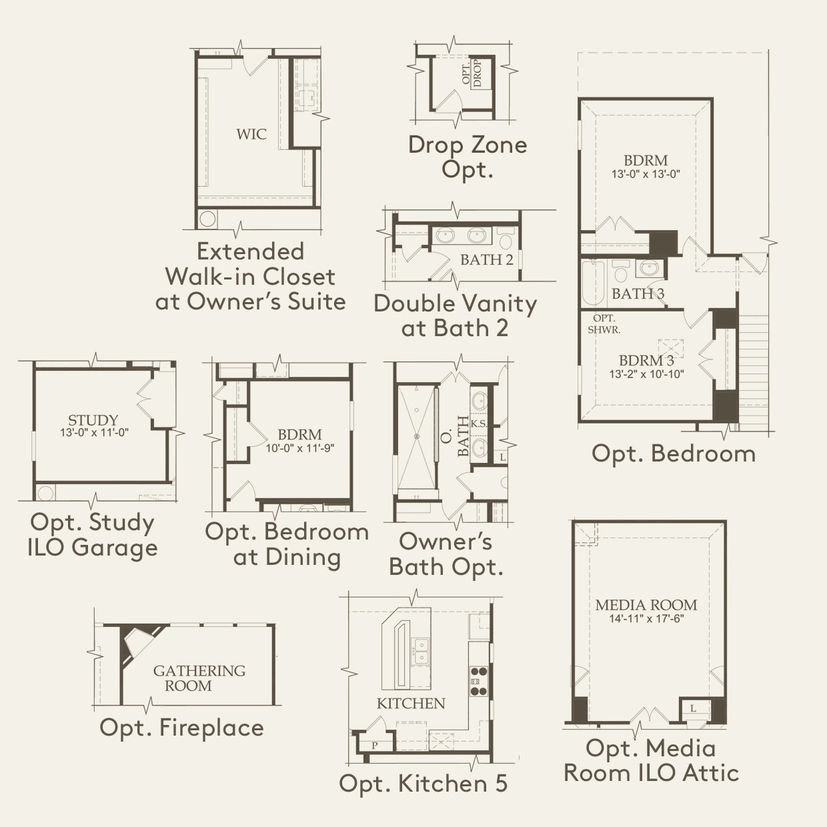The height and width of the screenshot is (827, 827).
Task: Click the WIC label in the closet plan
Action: pos(251,134)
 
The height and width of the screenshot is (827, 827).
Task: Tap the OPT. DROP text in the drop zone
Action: pos(472,73)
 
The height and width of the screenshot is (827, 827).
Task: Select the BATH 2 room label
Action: pos(487,259)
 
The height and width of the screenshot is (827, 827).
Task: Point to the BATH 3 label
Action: pos(638,293)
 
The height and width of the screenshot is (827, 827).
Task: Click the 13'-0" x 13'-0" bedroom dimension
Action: pos(646,175)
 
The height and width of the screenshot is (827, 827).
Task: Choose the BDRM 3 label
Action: pos(646,361)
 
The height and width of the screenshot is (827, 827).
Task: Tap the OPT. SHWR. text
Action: pos(604,324)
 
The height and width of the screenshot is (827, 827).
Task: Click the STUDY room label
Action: pos(93,420)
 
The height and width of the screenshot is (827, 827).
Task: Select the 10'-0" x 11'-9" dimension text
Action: pos(300,448)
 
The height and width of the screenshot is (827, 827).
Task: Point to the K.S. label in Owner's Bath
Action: pos(479,424)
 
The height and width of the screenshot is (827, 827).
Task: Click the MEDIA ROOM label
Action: pos(646,605)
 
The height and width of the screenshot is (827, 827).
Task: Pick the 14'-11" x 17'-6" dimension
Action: pos(646,619)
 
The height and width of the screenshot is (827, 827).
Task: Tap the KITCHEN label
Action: pos(411,703)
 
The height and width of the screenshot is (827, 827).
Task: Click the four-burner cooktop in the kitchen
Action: pos(479,681)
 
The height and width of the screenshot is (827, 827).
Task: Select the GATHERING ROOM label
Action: pos(199,678)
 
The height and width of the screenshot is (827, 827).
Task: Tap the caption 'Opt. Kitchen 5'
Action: pos(423,783)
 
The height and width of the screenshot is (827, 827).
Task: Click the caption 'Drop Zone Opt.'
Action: pos(468,156)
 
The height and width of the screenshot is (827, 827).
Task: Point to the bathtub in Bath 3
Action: pos(592,283)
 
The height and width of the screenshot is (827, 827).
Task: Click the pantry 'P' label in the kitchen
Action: pos(374,745)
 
